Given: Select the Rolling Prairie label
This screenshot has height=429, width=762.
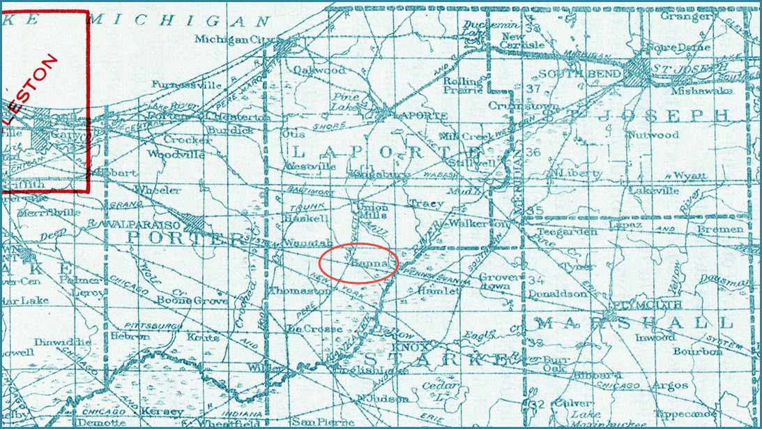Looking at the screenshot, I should point(463,84).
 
